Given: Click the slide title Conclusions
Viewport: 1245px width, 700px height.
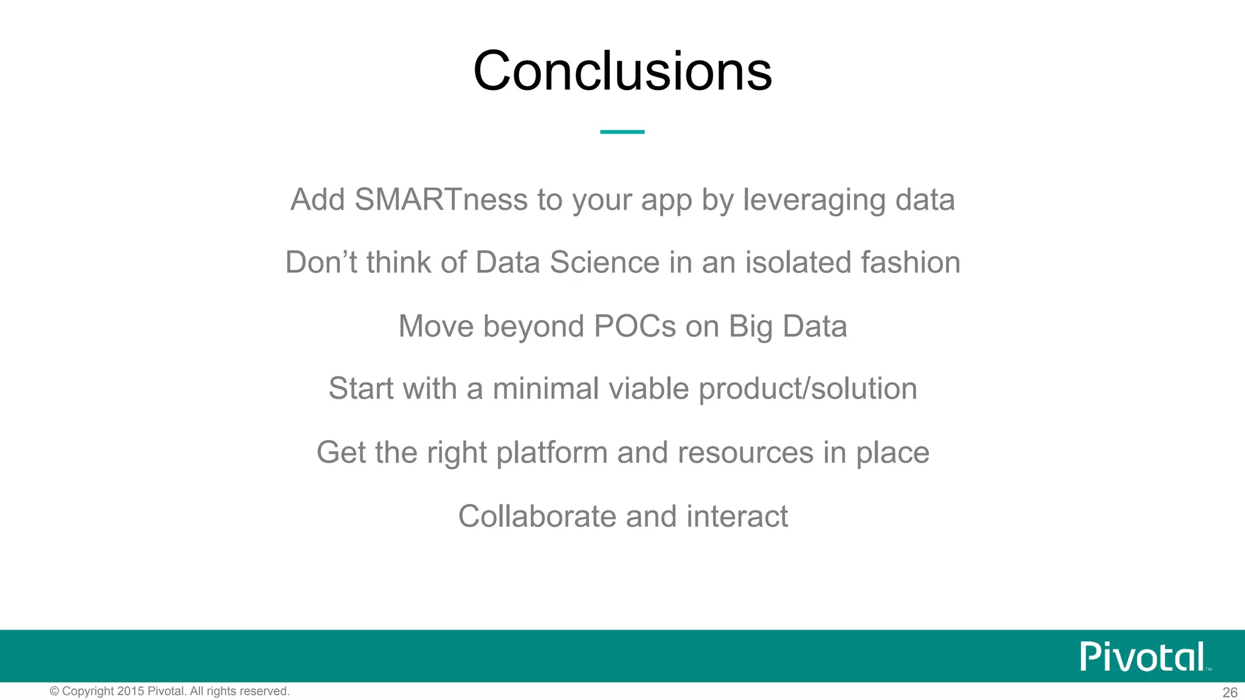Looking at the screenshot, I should click(x=622, y=71).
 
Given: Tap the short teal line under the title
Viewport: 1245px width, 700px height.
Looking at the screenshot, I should click(x=622, y=131).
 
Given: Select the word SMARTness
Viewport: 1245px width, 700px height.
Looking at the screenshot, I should click(x=441, y=199).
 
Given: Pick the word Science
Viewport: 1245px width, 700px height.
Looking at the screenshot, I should click(x=604, y=262).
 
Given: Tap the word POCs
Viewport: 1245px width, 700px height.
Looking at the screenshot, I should click(x=635, y=326).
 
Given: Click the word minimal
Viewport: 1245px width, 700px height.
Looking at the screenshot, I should click(x=545, y=389).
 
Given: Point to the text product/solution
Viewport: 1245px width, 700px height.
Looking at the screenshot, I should click(x=808, y=389).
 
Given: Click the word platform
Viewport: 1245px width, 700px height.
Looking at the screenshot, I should click(x=551, y=453).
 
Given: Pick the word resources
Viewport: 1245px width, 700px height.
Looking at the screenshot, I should click(x=745, y=453).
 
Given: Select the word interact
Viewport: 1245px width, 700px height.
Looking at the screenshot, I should click(x=737, y=516).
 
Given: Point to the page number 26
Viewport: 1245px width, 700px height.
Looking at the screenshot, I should click(x=1230, y=693).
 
